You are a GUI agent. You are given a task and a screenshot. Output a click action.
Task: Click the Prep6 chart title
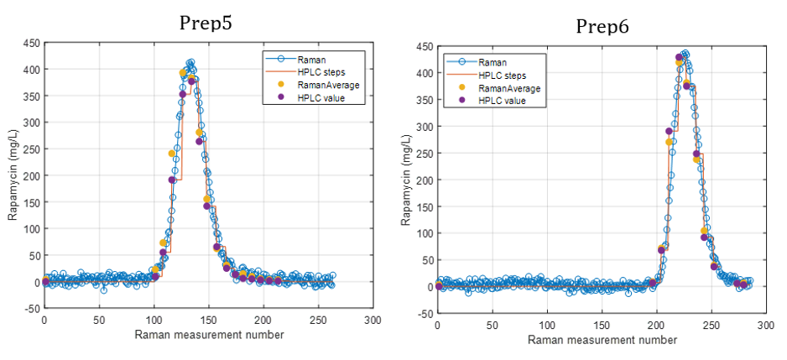tap(602, 27)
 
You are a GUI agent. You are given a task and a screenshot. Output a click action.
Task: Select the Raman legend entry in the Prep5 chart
tap(311, 60)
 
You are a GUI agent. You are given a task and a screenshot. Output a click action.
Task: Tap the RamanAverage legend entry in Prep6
tap(508, 88)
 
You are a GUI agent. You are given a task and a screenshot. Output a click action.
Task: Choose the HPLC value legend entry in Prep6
tap(502, 101)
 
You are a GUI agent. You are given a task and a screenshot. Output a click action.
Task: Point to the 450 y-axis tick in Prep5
tap(30, 42)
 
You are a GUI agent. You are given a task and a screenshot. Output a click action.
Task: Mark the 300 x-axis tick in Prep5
tap(373, 320)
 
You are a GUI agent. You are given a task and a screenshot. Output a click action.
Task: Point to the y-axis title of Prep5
tap(13, 175)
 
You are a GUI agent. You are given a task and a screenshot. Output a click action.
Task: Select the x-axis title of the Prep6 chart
tap(602, 340)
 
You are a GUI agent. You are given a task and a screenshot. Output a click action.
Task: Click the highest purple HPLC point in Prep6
tap(679, 57)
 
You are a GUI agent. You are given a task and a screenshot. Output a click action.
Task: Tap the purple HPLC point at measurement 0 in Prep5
tap(45, 281)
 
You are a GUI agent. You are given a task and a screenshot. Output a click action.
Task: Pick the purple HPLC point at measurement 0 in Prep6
tap(439, 286)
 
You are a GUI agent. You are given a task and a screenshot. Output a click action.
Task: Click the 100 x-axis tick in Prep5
tap(154, 320)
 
